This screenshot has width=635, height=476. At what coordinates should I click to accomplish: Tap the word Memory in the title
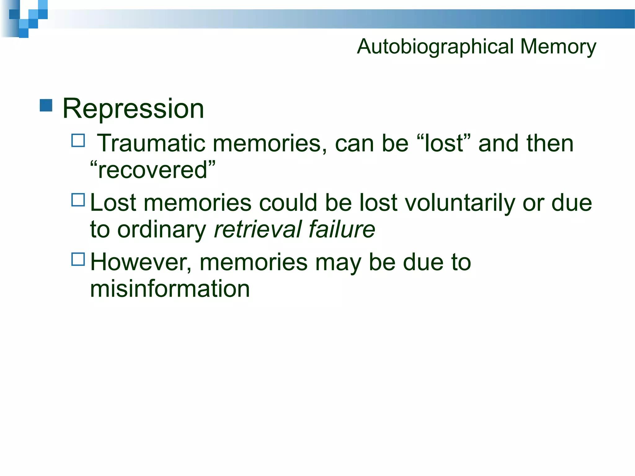coord(558,47)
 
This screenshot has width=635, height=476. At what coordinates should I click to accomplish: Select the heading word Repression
coord(133,108)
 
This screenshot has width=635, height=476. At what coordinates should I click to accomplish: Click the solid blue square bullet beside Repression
coord(46,105)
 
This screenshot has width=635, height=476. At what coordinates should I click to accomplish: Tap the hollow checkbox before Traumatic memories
coord(78,140)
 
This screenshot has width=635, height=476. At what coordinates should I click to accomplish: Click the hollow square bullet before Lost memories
coord(78,200)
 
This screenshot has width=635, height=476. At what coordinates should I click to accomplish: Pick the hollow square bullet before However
coord(78,259)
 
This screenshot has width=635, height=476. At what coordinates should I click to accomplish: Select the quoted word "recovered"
coord(153,170)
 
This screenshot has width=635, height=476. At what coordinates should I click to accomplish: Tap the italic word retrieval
coord(257,229)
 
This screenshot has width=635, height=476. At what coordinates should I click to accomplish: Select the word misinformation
coord(170,289)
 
